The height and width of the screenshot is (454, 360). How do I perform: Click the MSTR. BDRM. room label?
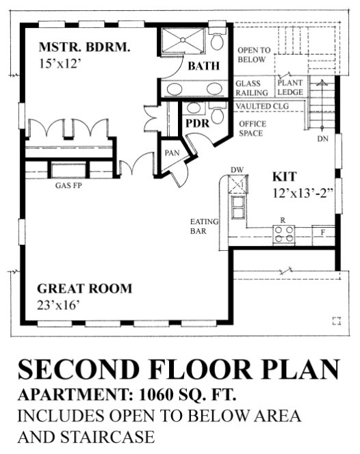pyautogui.click(x=84, y=48)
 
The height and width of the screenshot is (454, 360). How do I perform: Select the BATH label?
pyautogui.click(x=203, y=66)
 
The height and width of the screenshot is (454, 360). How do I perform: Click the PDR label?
pyautogui.click(x=196, y=123)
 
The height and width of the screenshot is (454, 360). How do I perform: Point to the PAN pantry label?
pyautogui.click(x=170, y=152)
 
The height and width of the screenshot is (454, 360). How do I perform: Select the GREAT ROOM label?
pyautogui.click(x=85, y=288)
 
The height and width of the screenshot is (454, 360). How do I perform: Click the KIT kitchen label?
pyautogui.click(x=284, y=175)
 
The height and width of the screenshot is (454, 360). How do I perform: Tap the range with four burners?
pyautogui.click(x=283, y=235)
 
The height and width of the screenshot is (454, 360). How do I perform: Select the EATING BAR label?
pyautogui.click(x=203, y=226)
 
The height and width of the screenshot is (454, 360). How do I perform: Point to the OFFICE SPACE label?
pyautogui.click(x=250, y=129)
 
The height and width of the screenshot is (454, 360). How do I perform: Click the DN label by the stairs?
pyautogui.click(x=322, y=139)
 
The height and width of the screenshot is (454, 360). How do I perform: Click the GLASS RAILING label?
pyautogui.click(x=251, y=89)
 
